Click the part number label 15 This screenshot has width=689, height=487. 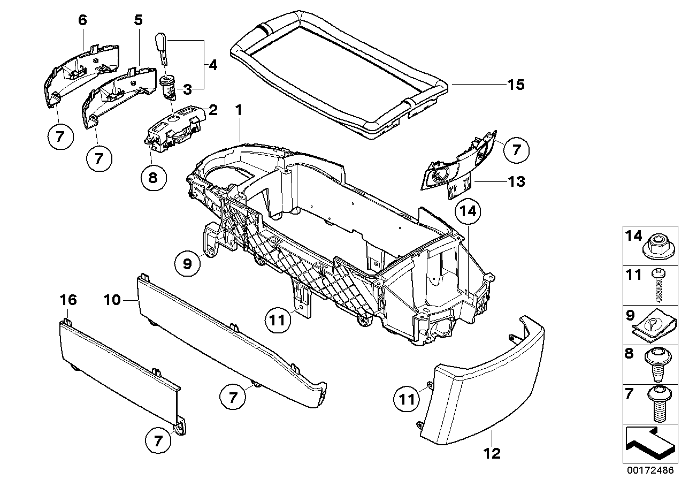click(516, 85)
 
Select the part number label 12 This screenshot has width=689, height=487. click(492, 454)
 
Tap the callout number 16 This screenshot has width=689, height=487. click(68, 300)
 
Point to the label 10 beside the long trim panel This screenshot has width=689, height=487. click(112, 300)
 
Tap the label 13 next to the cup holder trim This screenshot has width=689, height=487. click(516, 181)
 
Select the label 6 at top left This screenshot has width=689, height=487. click(82, 20)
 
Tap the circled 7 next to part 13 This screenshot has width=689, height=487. click(516, 150)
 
